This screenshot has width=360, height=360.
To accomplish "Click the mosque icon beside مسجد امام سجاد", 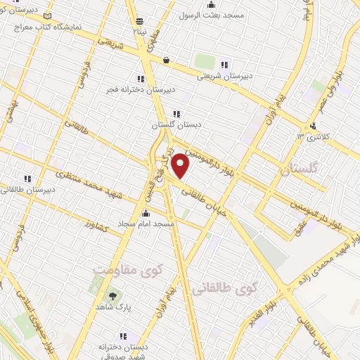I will coord(146,212).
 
